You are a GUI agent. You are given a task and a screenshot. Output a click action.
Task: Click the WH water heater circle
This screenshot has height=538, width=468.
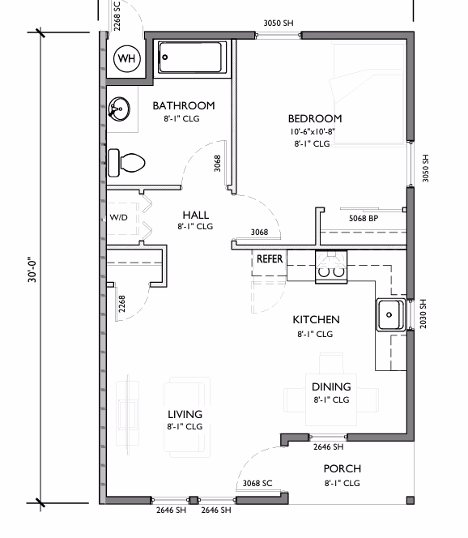pyautogui.click(x=127, y=58)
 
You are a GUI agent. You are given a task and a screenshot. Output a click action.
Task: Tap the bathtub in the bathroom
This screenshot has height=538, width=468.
pyautogui.click(x=192, y=58)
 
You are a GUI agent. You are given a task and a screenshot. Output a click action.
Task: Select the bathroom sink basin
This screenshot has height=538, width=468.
pyautogui.click(x=119, y=109)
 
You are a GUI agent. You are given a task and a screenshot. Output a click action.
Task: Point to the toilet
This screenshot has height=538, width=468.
pyautogui.click(x=126, y=163)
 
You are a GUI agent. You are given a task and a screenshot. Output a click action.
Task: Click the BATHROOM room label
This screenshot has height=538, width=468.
pyautogui.click(x=184, y=105)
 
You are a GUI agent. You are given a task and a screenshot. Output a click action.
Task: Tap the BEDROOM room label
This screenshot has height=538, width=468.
pyautogui.click(x=315, y=119)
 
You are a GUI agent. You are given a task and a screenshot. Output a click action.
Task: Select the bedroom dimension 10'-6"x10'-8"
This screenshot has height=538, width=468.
pyautogui.click(x=313, y=132)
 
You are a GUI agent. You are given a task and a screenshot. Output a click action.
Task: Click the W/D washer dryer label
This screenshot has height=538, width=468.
pyautogui.click(x=119, y=217)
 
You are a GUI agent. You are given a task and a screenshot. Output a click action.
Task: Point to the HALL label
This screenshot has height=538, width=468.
pyautogui.click(x=195, y=216)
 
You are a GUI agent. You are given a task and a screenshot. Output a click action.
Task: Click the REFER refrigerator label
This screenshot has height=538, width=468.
pyautogui.click(x=270, y=258)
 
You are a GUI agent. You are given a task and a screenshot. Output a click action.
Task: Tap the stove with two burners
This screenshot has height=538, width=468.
pyautogui.click(x=331, y=267)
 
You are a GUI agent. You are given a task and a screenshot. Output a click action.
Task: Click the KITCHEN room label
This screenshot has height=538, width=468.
pyautogui.click(x=316, y=320)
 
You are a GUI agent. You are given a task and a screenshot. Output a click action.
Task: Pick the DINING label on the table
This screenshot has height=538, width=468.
pyautogui.click(x=331, y=387)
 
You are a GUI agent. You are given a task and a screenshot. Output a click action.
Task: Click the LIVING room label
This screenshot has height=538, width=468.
pyautogui.click(x=185, y=415)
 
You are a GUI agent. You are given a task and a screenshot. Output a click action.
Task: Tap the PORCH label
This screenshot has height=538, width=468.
pyautogui.click(x=342, y=468)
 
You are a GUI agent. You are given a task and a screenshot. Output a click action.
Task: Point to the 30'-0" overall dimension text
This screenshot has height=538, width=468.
pyautogui.click(x=32, y=270)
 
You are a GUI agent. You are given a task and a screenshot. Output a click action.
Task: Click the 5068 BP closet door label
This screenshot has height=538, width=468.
pyautogui.click(x=364, y=218)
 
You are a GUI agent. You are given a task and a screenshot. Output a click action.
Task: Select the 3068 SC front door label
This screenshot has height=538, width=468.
pyautogui.click(x=257, y=484)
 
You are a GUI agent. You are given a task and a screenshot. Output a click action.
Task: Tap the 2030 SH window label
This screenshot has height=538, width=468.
pyautogui.click(x=423, y=314)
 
